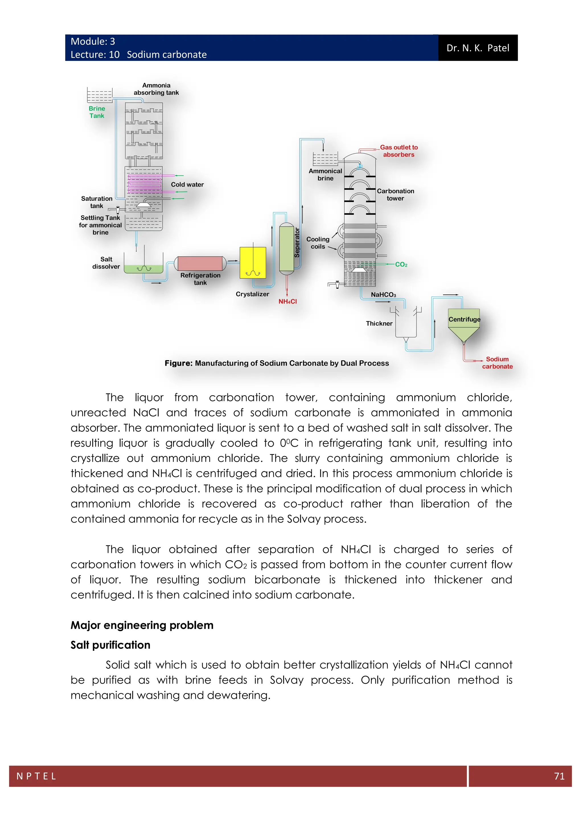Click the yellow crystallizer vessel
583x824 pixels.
pos(253,262)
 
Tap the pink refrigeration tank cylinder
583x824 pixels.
pos(200,263)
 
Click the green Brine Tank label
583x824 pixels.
pos(97,112)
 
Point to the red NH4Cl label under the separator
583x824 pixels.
pos(288,302)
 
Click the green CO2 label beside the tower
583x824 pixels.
pos(401,265)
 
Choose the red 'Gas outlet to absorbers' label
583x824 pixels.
pos(399,151)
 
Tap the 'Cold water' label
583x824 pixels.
pos(187,184)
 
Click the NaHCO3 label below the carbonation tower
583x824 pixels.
pos(383,295)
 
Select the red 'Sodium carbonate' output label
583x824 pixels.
pos(497,363)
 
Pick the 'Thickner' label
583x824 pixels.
pos(379,323)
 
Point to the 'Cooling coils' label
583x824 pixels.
pos(318,243)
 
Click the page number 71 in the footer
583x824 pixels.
pos(559,776)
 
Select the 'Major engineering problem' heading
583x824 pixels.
pos(142,625)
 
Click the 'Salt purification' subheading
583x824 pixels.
pos(110,645)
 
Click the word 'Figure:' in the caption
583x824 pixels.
pos(178,363)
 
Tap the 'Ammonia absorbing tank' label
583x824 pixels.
pos(156,89)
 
